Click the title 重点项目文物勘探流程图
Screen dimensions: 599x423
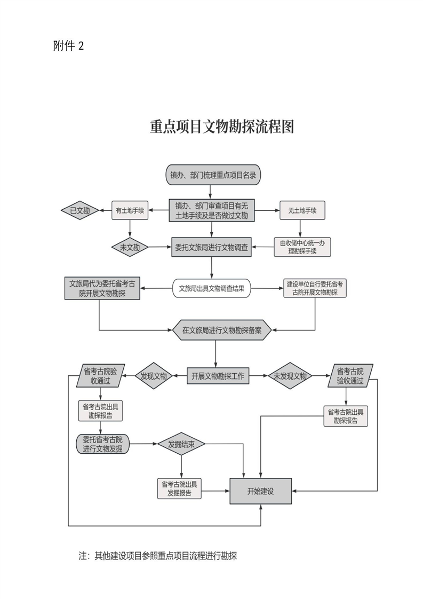(222, 127)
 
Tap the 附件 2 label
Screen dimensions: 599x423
(69, 46)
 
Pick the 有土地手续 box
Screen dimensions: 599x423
(130, 210)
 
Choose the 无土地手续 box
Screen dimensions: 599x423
(302, 210)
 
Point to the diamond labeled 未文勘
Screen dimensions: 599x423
(129, 247)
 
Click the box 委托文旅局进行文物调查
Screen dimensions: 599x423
(211, 247)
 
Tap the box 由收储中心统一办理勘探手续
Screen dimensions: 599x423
(302, 247)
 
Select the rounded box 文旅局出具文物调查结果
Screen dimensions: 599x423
(212, 288)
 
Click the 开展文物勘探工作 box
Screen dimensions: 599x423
(218, 376)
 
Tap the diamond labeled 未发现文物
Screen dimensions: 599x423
(290, 376)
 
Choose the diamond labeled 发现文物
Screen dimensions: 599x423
(154, 376)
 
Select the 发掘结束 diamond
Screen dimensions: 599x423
(181, 444)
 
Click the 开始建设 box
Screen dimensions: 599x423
(260, 491)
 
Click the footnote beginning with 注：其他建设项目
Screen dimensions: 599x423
(158, 556)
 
